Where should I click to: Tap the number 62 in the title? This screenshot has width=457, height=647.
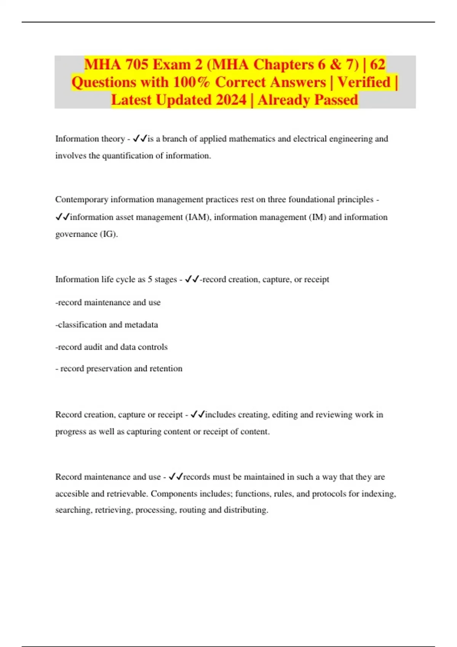coord(377,64)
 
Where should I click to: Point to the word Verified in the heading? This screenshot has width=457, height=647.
coord(364,82)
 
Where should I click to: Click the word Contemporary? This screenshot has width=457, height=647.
coord(81,200)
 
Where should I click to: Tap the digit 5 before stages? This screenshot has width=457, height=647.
coord(150,280)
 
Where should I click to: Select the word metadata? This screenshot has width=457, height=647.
coord(141,325)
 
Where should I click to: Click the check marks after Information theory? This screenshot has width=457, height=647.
coord(140,139)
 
